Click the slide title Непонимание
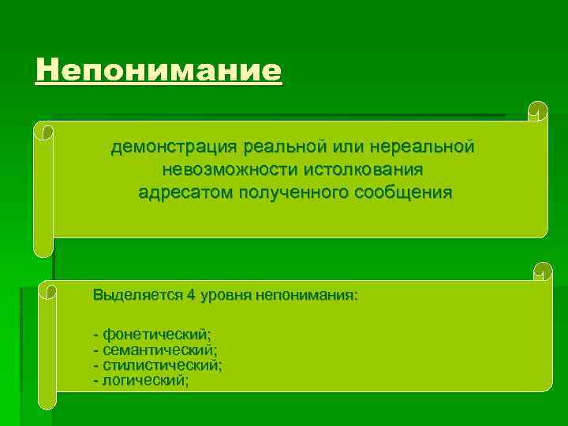(x=158, y=72)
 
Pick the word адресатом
(x=181, y=192)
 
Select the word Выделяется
(x=137, y=296)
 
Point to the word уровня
(x=230, y=296)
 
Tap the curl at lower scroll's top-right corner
(x=542, y=271)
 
